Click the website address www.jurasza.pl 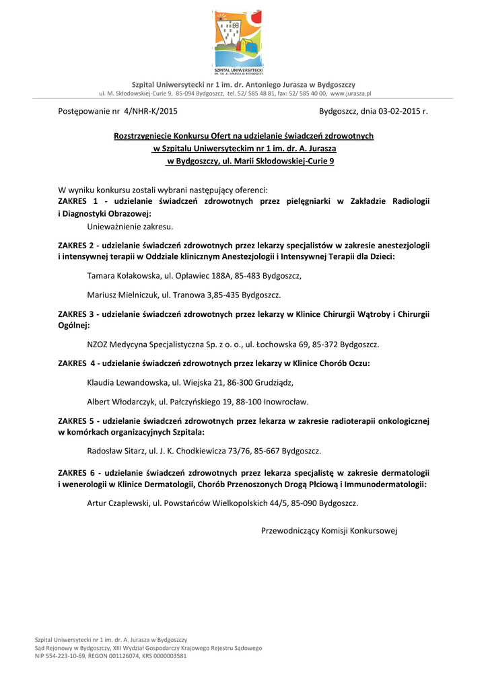pos(351,94)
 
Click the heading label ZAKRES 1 pos(78,201)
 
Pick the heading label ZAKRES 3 pos(78,314)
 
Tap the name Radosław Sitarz pos(114,451)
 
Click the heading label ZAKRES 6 pos(78,473)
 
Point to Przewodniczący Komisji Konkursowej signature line pos(329,531)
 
